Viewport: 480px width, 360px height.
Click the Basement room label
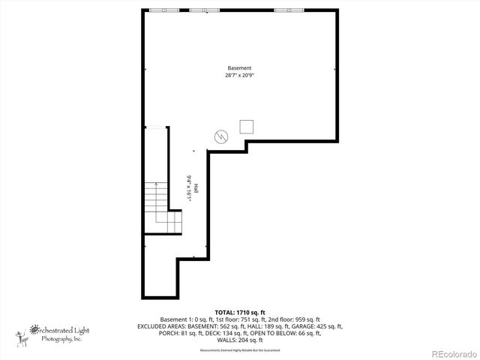(x=240, y=68)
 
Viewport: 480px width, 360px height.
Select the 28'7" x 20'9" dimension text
(x=240, y=75)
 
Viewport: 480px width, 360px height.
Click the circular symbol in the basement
(x=221, y=136)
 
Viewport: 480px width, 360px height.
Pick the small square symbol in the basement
(x=247, y=127)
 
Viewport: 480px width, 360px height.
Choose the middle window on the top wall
(x=204, y=10)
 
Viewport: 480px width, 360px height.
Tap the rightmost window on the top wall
(x=289, y=10)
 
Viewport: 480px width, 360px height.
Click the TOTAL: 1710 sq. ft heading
(x=240, y=311)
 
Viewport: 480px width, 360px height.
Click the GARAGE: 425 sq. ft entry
(x=318, y=326)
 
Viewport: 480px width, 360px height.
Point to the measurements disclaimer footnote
(x=239, y=350)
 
